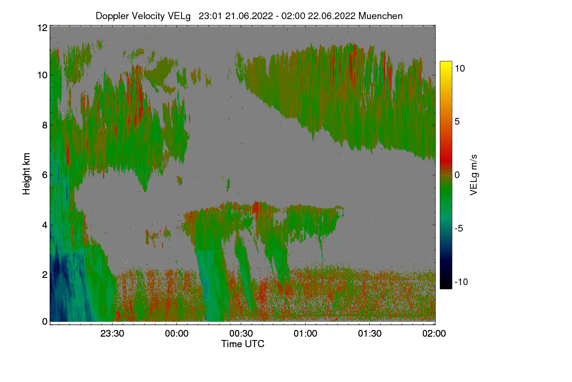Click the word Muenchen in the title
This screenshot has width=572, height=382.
(380, 16)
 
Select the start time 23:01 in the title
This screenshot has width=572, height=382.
(210, 16)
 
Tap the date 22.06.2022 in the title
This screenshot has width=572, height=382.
(331, 16)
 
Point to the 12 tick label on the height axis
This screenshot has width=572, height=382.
(42, 28)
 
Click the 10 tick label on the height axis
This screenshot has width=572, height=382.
(42, 75)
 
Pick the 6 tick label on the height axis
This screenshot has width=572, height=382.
(45, 175)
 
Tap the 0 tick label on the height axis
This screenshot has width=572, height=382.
(45, 322)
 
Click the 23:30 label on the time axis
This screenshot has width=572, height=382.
(112, 333)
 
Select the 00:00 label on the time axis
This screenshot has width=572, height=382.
(177, 333)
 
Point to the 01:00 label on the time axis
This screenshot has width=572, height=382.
(306, 333)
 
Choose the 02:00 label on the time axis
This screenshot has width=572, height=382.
(434, 333)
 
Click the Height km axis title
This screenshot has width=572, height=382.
(26, 174)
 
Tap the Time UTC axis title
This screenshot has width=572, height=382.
(243, 344)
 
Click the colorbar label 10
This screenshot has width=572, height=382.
(460, 69)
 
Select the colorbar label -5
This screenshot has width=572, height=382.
(459, 228)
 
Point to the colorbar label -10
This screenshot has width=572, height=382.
(461, 282)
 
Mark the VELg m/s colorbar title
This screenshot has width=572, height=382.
(473, 175)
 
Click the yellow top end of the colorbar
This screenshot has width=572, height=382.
(446, 62)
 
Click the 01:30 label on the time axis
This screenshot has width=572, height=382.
(370, 333)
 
